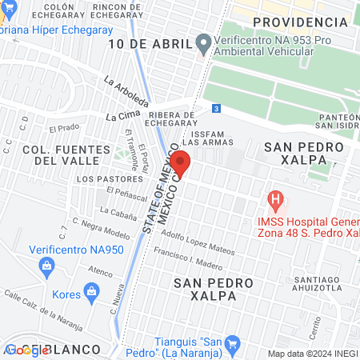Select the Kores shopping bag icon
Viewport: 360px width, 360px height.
(94, 291)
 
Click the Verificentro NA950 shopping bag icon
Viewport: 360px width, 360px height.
(47, 264)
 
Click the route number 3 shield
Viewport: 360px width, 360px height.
(216, 108)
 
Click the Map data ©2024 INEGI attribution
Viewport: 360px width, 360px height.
(312, 354)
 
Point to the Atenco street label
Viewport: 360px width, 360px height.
(101, 271)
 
